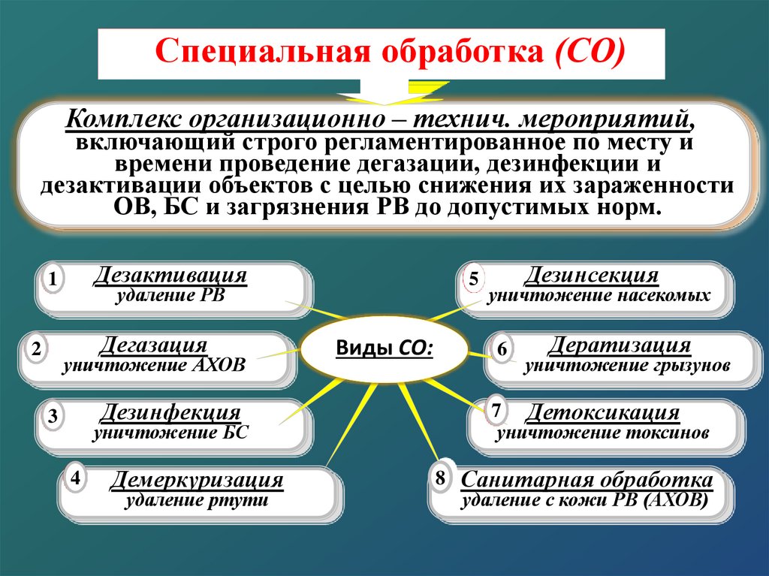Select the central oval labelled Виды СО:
click(x=384, y=348)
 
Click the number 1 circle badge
click(x=52, y=281)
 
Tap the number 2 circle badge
click(x=35, y=349)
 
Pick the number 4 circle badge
click(x=75, y=477)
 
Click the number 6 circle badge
click(x=502, y=350)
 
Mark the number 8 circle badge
click(x=440, y=478)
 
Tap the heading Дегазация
click(x=153, y=345)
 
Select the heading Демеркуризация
click(x=197, y=480)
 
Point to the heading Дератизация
click(x=620, y=345)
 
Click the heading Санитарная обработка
click(x=587, y=480)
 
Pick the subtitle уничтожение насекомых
click(x=599, y=296)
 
